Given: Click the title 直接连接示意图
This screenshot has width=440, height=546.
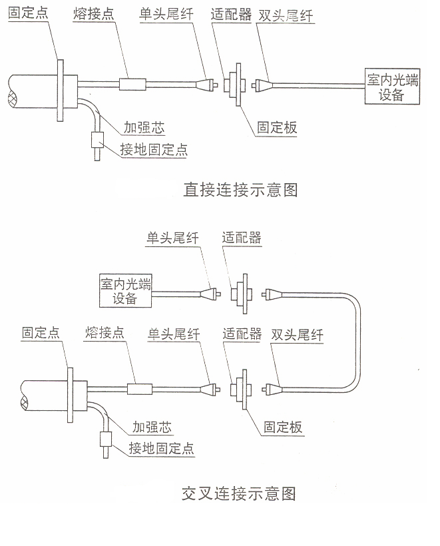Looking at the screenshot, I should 240,190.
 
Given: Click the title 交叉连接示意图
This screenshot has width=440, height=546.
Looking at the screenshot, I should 238,494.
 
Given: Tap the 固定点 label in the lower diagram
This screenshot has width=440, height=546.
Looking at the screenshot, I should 41,332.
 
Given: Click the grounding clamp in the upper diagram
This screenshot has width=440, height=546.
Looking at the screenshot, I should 97,142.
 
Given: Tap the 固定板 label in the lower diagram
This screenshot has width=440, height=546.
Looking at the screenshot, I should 283,427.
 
